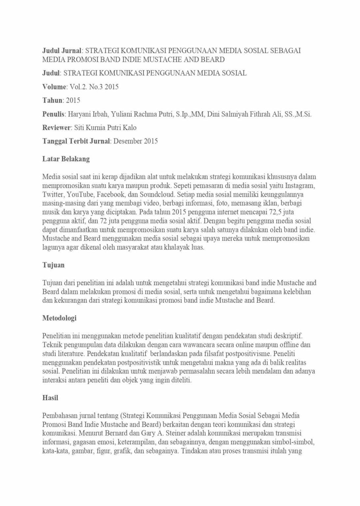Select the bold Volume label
coord(54,87)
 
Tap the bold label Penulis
coord(54,114)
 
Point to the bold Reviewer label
coord(57,128)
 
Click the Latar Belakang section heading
coord(66,159)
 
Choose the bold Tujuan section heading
coord(53,265)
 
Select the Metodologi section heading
coord(59,318)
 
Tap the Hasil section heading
coord(50,398)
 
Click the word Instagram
coord(300,185)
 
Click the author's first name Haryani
coord(78,114)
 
